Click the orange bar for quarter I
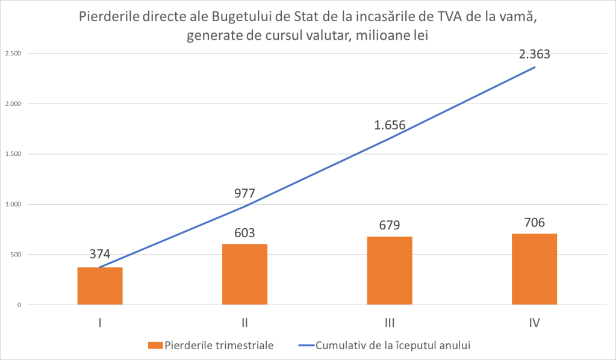tap(100, 285)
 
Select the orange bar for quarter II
tap(244, 274)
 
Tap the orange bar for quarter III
tap(389, 270)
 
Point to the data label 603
tap(244, 232)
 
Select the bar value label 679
tap(389, 225)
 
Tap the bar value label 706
tap(534, 222)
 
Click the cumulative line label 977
tap(244, 194)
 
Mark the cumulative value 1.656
tap(389, 126)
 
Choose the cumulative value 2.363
tap(535, 54)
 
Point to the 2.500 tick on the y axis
tap(13, 54)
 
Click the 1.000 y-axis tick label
tap(13, 204)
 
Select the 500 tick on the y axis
tap(16, 254)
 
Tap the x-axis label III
tap(389, 323)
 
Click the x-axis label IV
tap(534, 323)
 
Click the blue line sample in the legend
tap(308, 345)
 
